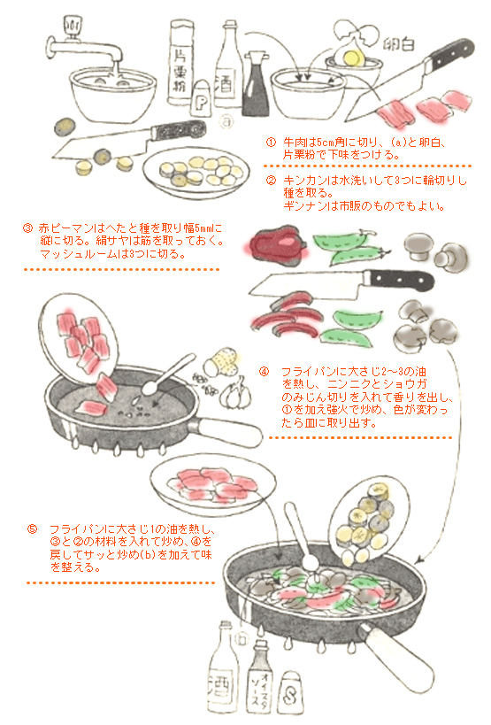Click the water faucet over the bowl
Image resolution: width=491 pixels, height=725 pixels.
pos(83,45)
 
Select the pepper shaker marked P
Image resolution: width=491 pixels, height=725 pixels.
pos(201,97)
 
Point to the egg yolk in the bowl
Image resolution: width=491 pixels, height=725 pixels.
pos(353,58)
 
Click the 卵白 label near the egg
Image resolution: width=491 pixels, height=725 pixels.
pos(399,45)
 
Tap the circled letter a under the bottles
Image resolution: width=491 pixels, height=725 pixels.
pos(226,121)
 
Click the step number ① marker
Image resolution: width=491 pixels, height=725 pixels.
pos(271,142)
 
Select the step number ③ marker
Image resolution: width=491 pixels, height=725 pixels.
pos(27,228)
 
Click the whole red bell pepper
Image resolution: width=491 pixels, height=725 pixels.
pos(278,243)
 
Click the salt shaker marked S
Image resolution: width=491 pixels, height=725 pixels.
pos(290,692)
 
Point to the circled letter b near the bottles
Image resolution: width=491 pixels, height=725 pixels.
pos(242,639)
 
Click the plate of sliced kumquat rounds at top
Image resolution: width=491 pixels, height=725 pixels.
pos(196,173)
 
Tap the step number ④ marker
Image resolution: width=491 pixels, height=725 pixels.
pos(264,372)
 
